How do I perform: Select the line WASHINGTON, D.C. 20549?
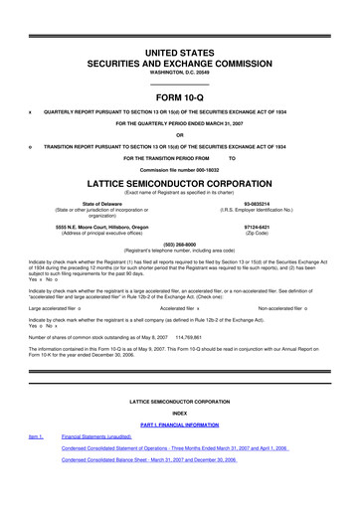click(x=180, y=58)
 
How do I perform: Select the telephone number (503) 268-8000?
click(x=180, y=246)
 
